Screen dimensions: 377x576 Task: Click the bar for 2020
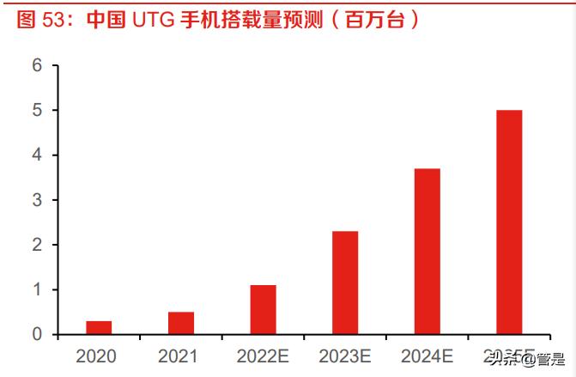pyautogui.click(x=99, y=327)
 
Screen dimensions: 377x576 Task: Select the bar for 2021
pyautogui.click(x=181, y=323)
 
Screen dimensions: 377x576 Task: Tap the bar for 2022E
pyautogui.click(x=263, y=309)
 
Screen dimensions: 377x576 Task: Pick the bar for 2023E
pyautogui.click(x=345, y=283)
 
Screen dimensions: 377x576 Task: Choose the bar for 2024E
pyautogui.click(x=427, y=251)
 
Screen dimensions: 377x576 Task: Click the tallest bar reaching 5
pyautogui.click(x=509, y=222)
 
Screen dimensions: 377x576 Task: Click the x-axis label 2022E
pyautogui.click(x=263, y=355)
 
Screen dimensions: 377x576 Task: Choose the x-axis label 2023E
pyautogui.click(x=345, y=355)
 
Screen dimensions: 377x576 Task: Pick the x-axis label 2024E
pyautogui.click(x=427, y=355)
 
